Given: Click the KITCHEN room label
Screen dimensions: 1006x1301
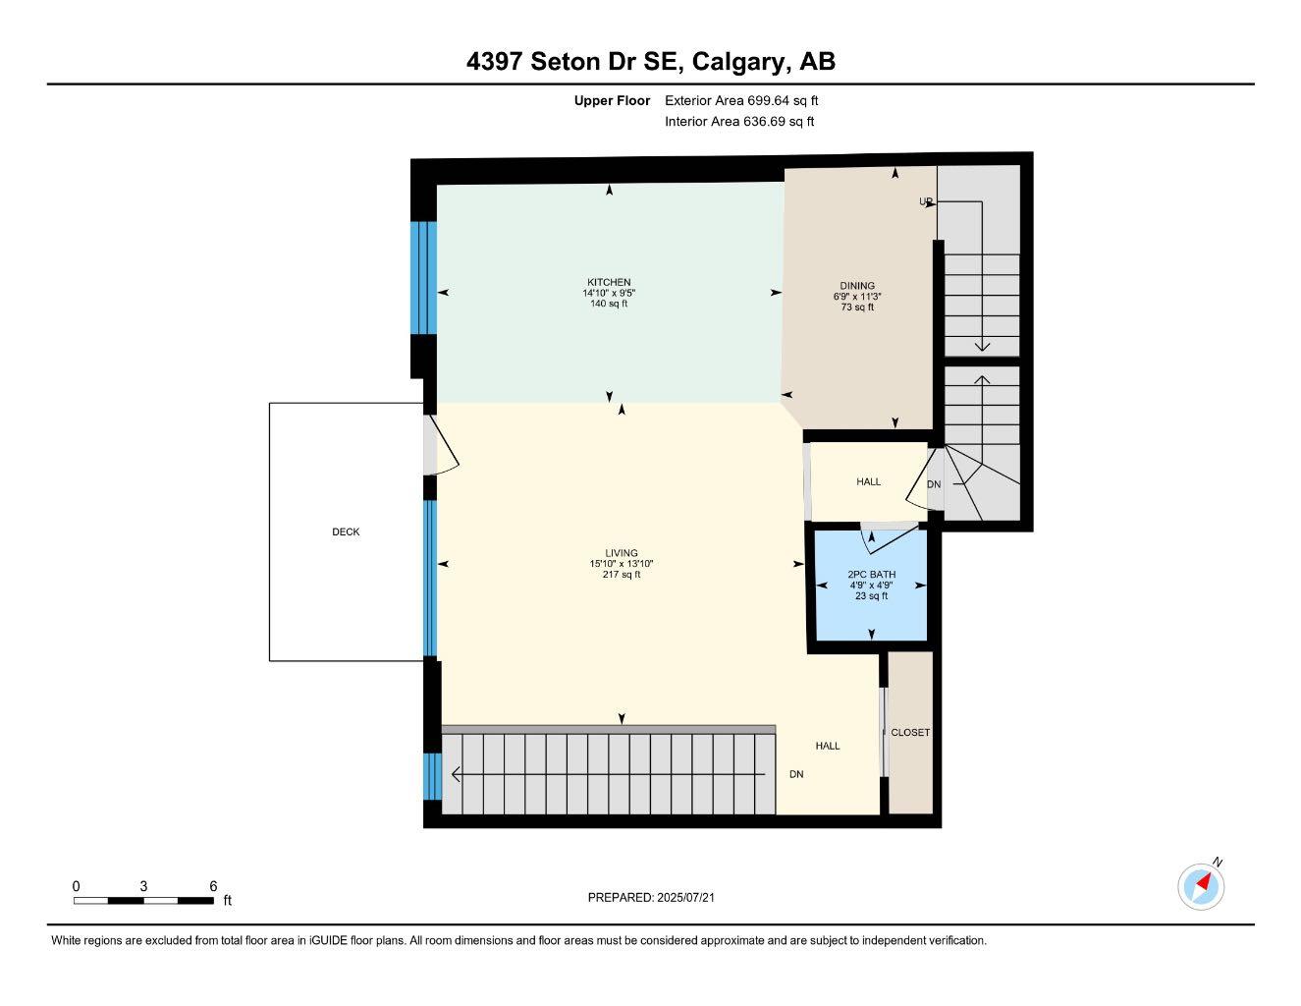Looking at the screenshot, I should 609,282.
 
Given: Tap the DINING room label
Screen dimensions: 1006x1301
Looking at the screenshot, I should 857,286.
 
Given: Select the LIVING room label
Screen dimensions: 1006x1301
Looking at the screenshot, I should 622,553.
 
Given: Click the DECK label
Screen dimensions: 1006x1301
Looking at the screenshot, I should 346,531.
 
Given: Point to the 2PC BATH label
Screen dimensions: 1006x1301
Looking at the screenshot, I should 871,575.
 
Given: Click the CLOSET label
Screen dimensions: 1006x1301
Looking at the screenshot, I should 910,732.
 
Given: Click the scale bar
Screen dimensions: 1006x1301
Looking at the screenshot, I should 143,900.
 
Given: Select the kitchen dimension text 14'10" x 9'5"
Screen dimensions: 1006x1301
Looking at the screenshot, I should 609,293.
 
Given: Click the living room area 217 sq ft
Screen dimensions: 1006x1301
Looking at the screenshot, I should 622,575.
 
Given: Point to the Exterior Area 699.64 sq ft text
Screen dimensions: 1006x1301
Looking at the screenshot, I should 741,100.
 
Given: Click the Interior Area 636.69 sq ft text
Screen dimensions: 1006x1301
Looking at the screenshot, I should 739,122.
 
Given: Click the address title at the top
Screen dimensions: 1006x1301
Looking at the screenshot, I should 651,62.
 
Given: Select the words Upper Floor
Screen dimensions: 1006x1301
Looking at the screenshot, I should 612,100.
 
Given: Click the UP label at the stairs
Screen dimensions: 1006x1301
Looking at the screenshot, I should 925,201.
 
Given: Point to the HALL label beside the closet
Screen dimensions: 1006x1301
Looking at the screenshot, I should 828,746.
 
